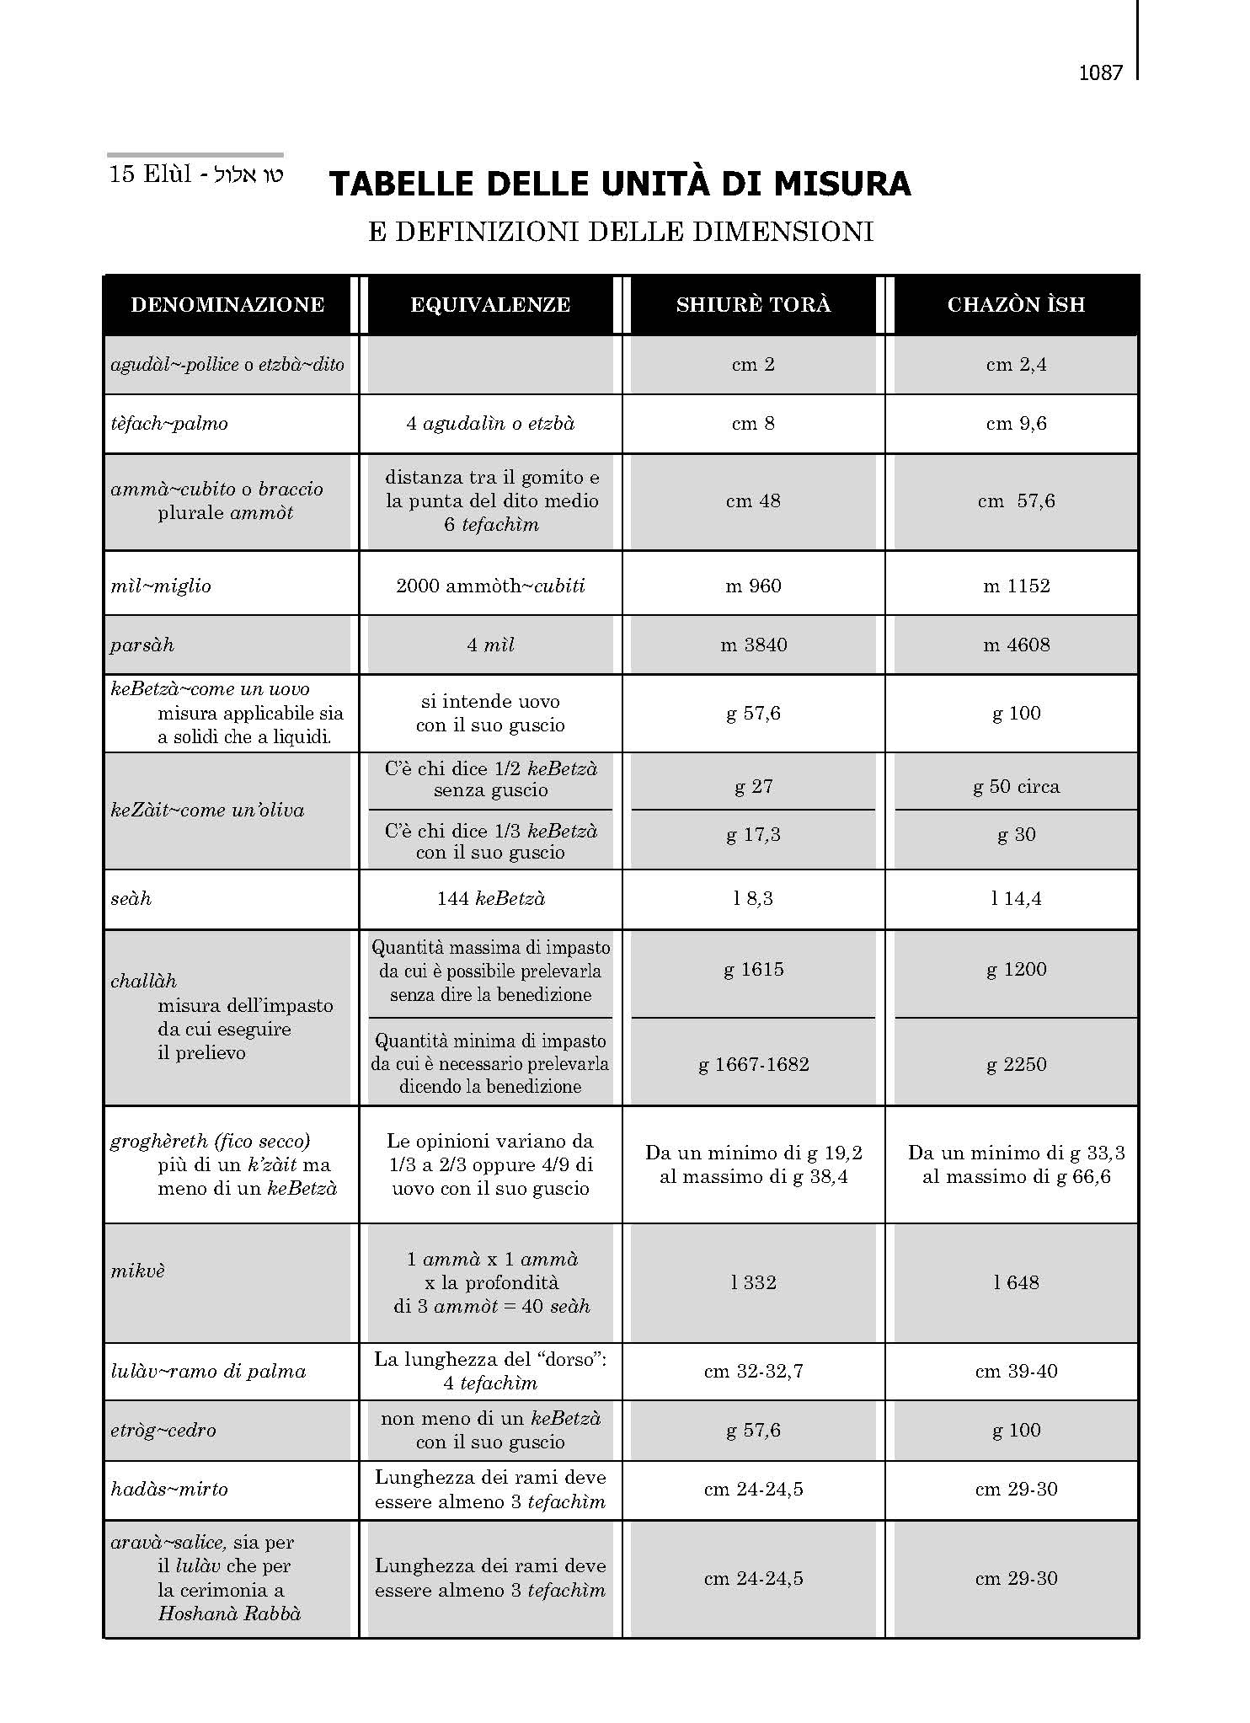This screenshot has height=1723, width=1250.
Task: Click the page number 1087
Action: pyautogui.click(x=1100, y=73)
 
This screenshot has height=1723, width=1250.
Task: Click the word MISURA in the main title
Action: pyautogui.click(x=843, y=184)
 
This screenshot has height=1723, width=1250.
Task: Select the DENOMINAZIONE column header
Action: pyautogui.click(x=227, y=305)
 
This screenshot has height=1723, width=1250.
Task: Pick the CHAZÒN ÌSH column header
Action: pyautogui.click(x=1016, y=305)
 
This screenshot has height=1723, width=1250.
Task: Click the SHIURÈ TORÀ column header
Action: pyautogui.click(x=753, y=305)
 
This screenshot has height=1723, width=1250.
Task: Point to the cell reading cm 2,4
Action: pyautogui.click(x=1016, y=365)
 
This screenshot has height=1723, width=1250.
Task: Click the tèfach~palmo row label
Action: pyautogui.click(x=169, y=424)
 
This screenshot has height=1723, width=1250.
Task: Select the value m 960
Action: pyautogui.click(x=753, y=586)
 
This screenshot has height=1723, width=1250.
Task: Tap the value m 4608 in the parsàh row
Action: pyautogui.click(x=1016, y=645)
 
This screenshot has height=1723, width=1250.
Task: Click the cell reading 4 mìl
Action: pyautogui.click(x=490, y=645)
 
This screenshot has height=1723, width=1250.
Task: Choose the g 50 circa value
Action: pyautogui.click(x=1016, y=787)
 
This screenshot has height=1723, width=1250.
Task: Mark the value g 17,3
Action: pyautogui.click(x=753, y=835)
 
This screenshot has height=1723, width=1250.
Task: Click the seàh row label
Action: pyautogui.click(x=131, y=899)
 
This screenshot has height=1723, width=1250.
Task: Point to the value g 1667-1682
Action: pyautogui.click(x=753, y=1064)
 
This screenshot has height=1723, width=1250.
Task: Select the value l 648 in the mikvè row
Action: pyautogui.click(x=1016, y=1282)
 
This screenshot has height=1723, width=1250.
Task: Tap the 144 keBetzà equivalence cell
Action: pyautogui.click(x=490, y=899)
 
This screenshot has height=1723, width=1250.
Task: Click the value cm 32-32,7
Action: pyautogui.click(x=753, y=1372)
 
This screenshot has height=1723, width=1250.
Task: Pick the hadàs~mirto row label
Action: pyautogui.click(x=169, y=1490)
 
